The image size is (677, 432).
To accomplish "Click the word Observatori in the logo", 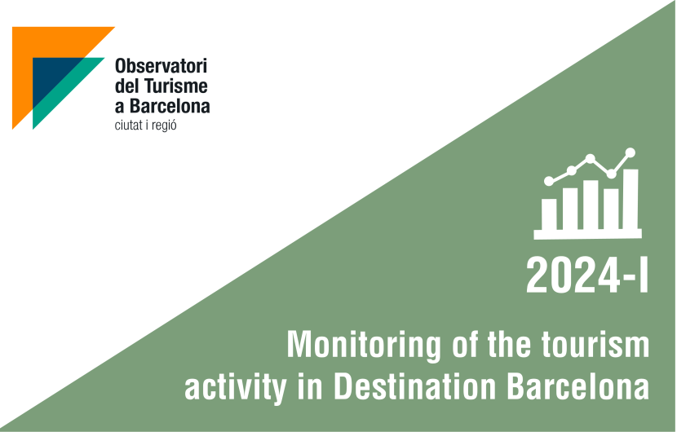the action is [x=161, y=66].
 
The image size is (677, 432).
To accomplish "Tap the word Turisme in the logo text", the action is [x=175, y=86].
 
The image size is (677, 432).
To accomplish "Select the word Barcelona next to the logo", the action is [x=170, y=106].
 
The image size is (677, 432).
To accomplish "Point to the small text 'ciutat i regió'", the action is [x=145, y=126].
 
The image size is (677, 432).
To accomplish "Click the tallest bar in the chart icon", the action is [x=631, y=199].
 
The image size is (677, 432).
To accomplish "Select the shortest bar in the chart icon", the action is [x=549, y=214].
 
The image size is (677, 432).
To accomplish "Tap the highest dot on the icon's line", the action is [x=631, y=152].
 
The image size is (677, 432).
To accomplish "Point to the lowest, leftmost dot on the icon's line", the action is [x=549, y=181].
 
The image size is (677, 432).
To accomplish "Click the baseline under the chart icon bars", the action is [x=587, y=235].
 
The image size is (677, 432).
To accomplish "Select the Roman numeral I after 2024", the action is [x=644, y=276].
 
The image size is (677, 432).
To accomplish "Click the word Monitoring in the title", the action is [x=364, y=346].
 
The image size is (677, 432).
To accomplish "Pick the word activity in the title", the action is [x=236, y=388].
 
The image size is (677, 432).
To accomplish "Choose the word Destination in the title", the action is [x=415, y=386].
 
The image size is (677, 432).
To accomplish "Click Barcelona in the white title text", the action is [x=578, y=386].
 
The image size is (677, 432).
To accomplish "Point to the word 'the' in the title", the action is [x=509, y=344].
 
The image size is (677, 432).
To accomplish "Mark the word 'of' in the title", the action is [x=465, y=344].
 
